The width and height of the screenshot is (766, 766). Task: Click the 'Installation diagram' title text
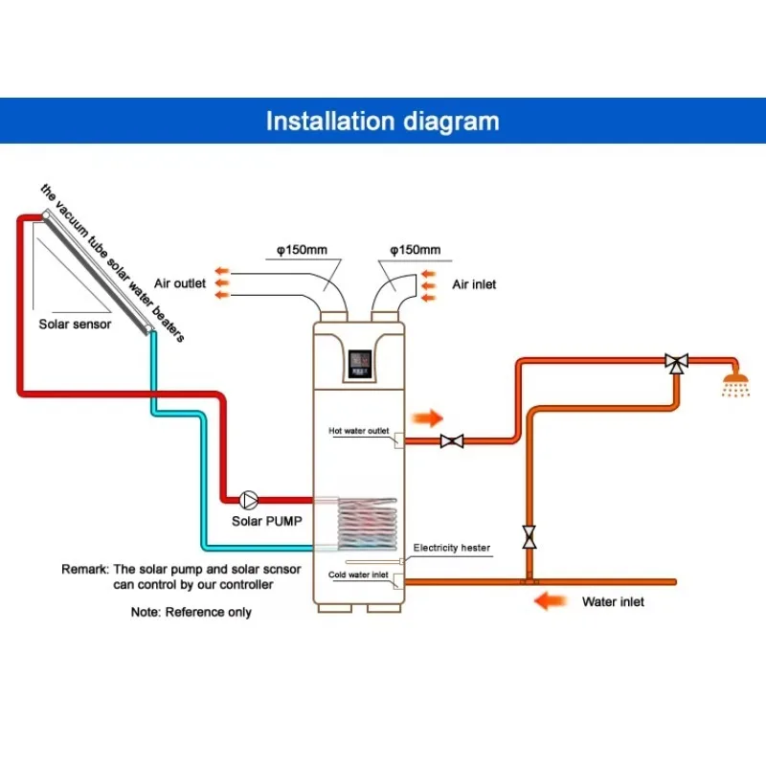(382, 122)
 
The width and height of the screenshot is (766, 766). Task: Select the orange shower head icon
(736, 385)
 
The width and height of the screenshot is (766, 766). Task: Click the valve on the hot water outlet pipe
(452, 441)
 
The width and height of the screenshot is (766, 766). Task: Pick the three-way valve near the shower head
(677, 363)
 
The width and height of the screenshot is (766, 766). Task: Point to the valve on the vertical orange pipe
(529, 536)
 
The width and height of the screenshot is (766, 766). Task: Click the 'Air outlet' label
(180, 283)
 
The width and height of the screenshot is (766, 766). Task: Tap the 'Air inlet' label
(474, 284)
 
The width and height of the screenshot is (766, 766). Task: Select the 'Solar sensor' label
(75, 324)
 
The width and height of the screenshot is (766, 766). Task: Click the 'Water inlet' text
(613, 602)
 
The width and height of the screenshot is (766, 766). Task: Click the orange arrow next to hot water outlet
(428, 418)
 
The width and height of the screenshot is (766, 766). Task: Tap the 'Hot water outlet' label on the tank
(359, 431)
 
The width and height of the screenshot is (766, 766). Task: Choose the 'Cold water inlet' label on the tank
(359, 574)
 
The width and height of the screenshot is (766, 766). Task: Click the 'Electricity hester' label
(451, 549)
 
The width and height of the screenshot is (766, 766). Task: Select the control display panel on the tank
(361, 361)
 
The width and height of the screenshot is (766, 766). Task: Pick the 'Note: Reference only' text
(191, 611)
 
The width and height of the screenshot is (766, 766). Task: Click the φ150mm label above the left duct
(302, 250)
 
